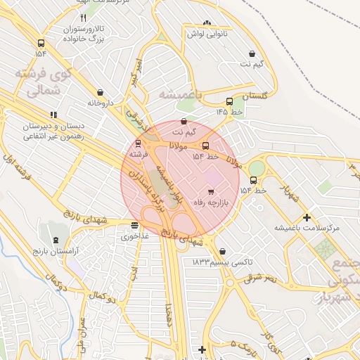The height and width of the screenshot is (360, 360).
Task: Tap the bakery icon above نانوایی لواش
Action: click(206, 23)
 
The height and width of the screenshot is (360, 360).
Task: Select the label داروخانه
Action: click(100, 103)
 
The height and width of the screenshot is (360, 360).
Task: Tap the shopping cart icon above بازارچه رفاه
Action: click(210, 191)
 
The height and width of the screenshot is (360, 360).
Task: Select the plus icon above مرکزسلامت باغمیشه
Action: click(307, 217)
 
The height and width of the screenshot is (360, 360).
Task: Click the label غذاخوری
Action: click(135, 236)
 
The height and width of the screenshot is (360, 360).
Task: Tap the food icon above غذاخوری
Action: click(134, 225)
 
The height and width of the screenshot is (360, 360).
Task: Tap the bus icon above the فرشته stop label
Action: click(137, 143)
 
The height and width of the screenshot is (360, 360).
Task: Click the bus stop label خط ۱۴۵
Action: click(229, 112)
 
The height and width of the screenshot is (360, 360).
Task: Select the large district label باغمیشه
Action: click(180, 94)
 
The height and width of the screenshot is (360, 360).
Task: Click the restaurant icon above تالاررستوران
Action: click(83, 18)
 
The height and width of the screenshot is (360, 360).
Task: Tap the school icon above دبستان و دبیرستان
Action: click(53, 115)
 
